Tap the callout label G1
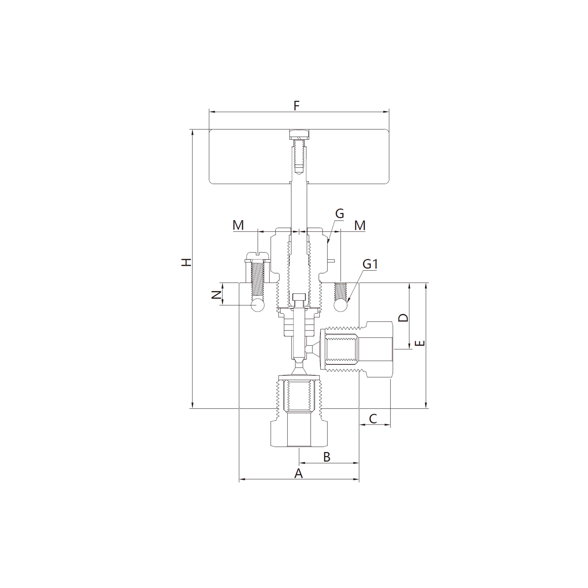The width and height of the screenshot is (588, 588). click(370, 264)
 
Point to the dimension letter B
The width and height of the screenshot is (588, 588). click(326, 457)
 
